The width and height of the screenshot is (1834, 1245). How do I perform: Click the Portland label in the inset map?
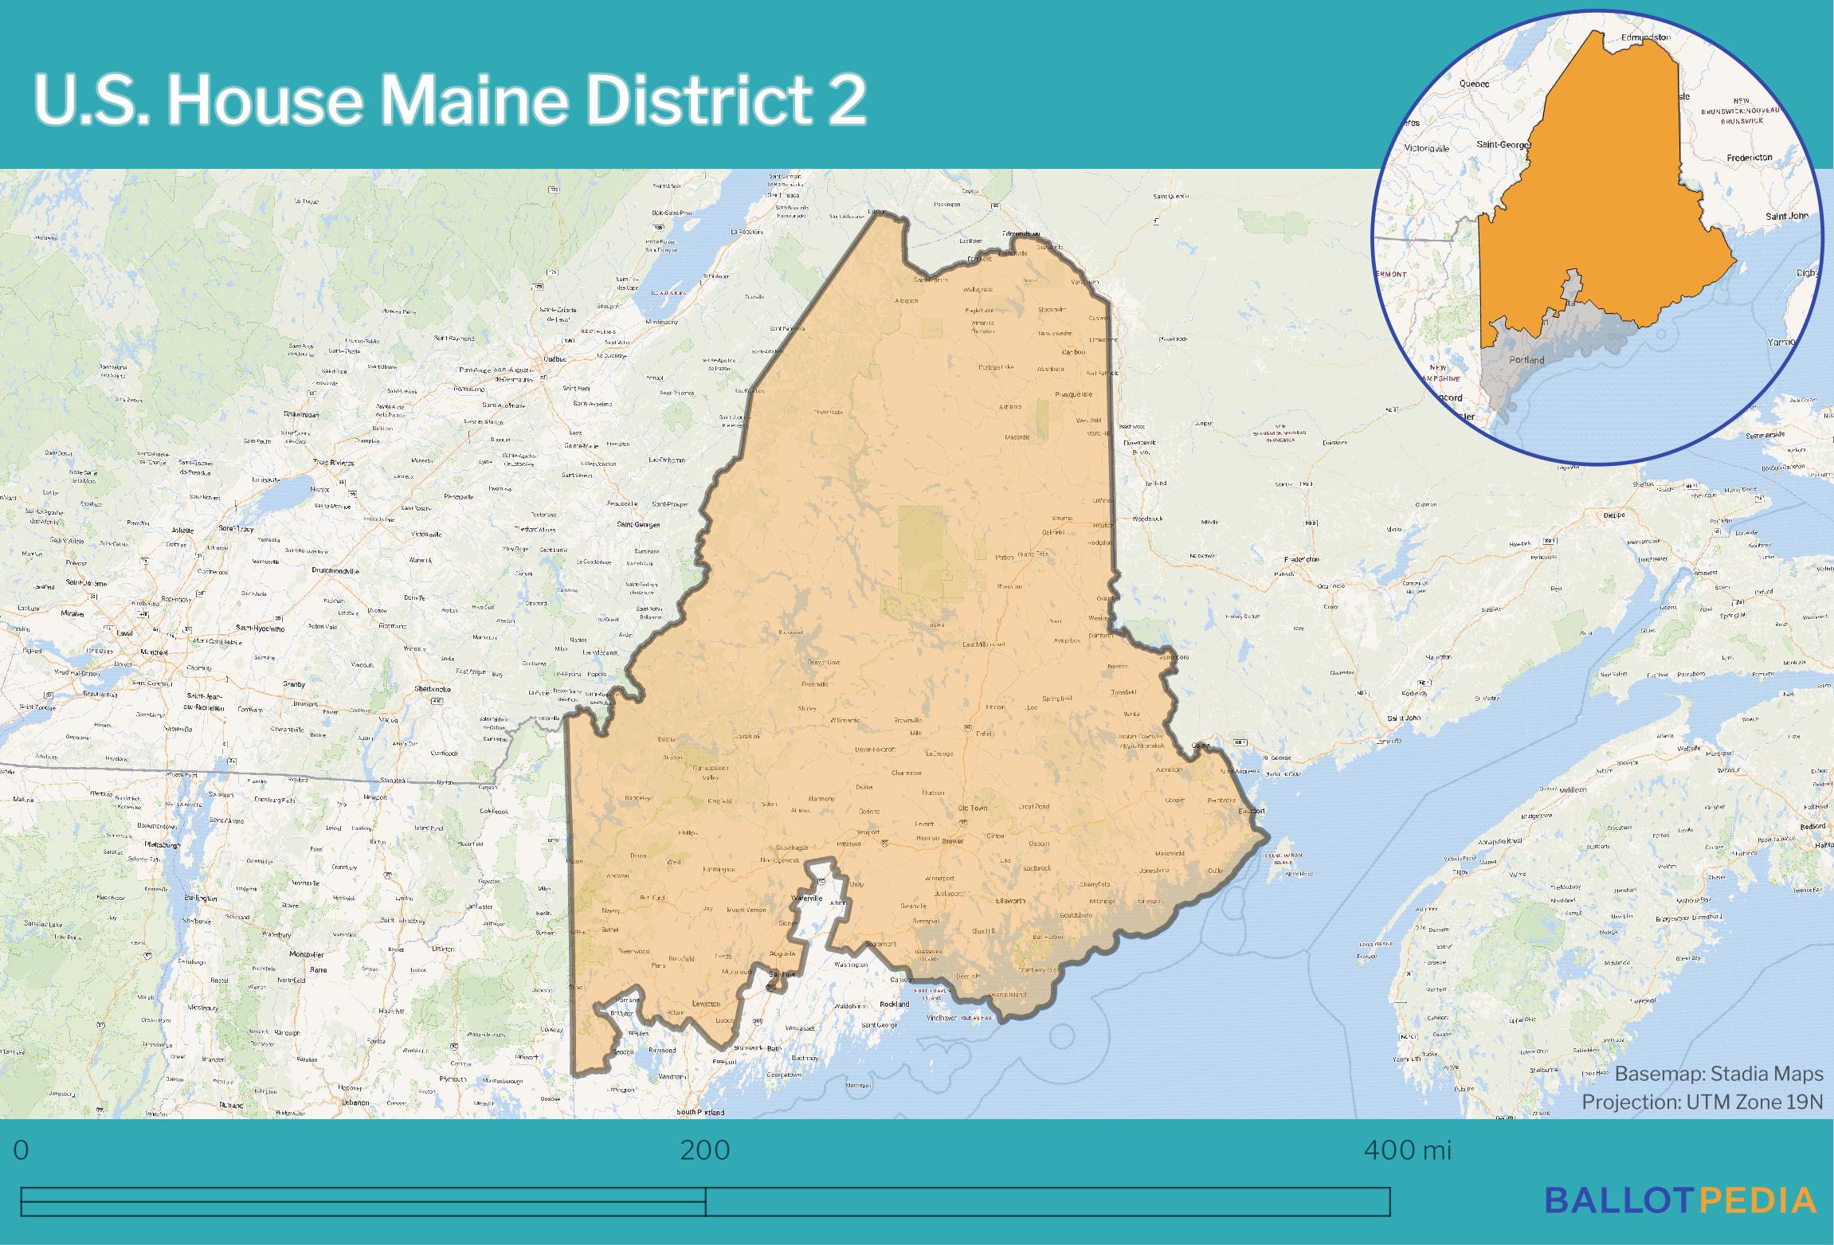1526,360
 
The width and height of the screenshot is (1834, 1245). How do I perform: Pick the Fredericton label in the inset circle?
1749,158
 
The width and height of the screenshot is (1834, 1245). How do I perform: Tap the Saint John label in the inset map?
1787,216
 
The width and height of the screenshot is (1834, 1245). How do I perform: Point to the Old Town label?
972,808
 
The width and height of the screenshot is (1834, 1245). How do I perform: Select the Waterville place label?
805,898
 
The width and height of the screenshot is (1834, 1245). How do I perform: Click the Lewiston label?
706,1004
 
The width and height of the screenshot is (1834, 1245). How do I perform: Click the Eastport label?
1251,811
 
